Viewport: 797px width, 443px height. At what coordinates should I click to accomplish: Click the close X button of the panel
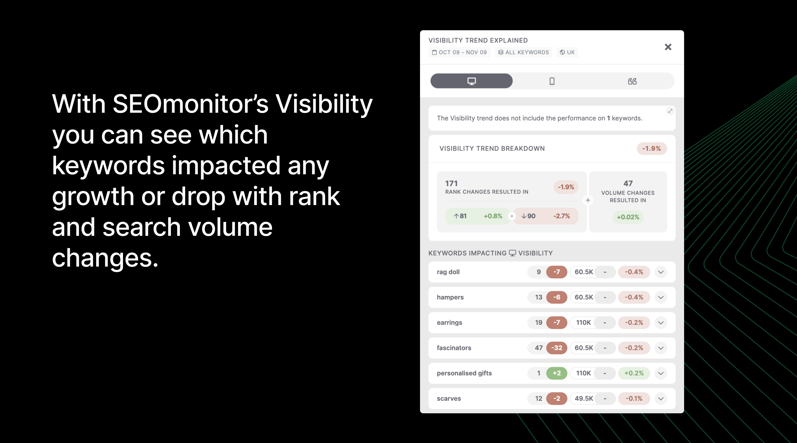click(x=668, y=47)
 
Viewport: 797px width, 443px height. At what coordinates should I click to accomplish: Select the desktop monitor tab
click(x=471, y=81)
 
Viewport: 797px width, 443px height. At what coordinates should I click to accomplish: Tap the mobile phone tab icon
click(x=552, y=81)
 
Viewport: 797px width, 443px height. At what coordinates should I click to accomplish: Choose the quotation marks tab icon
click(x=632, y=81)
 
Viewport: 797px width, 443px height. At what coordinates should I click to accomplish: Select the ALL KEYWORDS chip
click(x=523, y=52)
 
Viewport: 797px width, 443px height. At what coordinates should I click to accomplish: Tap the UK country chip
click(x=567, y=52)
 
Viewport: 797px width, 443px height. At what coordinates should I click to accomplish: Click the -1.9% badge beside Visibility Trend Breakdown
click(x=651, y=149)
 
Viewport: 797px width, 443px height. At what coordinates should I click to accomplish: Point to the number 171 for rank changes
click(x=451, y=183)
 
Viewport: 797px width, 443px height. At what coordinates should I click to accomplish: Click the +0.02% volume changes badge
click(x=628, y=217)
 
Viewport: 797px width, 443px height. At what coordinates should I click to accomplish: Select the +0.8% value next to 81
click(x=493, y=216)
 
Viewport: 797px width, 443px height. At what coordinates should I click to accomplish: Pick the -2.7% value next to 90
click(x=561, y=216)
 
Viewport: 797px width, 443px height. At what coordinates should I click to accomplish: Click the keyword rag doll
click(x=448, y=272)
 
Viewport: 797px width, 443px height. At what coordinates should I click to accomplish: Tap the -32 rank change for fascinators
click(x=556, y=348)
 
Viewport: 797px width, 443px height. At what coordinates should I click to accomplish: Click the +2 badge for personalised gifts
click(x=556, y=373)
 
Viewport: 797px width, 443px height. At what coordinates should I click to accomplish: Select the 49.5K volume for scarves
click(x=583, y=398)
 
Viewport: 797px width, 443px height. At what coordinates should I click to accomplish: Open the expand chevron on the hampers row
click(x=660, y=297)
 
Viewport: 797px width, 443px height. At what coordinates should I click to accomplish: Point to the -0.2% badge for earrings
click(x=634, y=323)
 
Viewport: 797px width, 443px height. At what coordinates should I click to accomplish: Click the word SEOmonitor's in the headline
click(x=190, y=104)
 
